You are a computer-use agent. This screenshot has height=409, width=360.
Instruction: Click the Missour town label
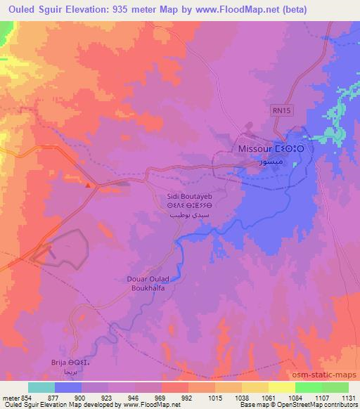click(255, 149)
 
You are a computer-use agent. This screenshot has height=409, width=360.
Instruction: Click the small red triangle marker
click(88, 186)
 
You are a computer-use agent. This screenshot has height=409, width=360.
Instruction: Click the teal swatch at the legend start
click(41, 387)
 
